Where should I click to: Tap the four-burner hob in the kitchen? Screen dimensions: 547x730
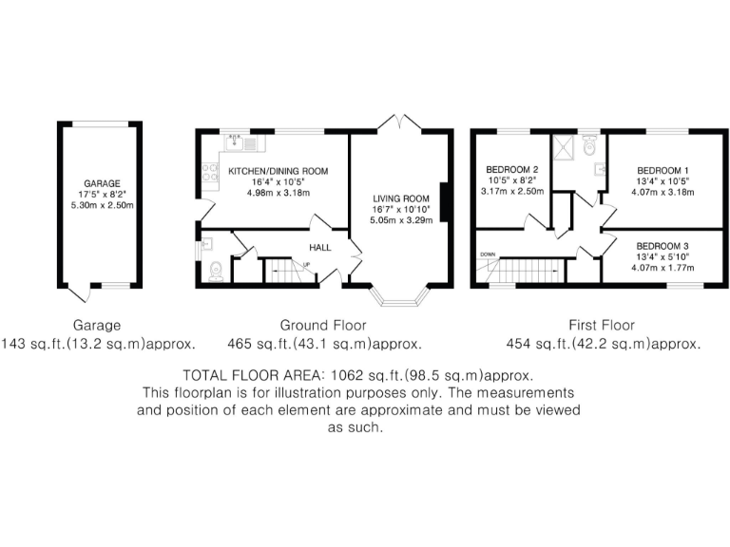(x=206, y=175)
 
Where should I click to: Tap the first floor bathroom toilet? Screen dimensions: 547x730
(x=589, y=144)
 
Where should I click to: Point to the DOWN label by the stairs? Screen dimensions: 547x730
(x=488, y=255)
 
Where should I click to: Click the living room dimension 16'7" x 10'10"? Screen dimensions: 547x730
(x=400, y=210)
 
